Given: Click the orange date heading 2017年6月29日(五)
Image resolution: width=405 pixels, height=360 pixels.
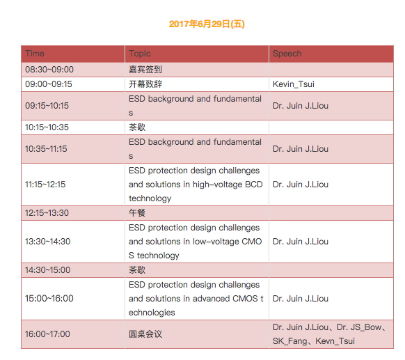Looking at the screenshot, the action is [x=207, y=24].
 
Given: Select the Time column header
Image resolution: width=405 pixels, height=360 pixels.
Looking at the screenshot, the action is [x=35, y=54].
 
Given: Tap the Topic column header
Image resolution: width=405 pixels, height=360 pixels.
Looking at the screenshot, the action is [x=140, y=54].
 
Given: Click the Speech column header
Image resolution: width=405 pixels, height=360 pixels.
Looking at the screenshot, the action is [x=287, y=54].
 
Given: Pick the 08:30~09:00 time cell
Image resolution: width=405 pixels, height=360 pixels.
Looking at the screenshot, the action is [x=49, y=69].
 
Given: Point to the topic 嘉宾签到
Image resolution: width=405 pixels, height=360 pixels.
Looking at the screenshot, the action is [x=145, y=69].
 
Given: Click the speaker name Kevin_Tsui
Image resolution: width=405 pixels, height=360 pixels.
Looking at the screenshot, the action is [x=294, y=84].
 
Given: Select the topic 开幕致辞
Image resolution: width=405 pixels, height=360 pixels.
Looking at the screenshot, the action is [x=145, y=84].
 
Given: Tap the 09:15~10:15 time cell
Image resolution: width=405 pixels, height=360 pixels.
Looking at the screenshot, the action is [x=47, y=105].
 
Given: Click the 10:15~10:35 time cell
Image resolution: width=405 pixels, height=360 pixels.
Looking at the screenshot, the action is [x=47, y=127].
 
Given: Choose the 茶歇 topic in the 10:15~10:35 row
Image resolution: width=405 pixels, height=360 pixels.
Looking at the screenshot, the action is [x=137, y=127].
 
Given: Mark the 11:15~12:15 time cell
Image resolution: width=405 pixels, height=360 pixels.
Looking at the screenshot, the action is [x=45, y=185].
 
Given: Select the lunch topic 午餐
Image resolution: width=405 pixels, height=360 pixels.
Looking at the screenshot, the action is [x=137, y=213].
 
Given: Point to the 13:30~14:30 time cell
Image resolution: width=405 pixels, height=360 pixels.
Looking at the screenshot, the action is [x=47, y=242].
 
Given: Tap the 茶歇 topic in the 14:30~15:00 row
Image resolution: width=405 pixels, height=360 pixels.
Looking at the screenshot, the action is [x=137, y=270].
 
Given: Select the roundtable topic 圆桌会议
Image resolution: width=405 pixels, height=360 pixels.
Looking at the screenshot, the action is [x=145, y=334].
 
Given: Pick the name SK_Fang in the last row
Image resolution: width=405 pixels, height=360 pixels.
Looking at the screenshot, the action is [x=290, y=341].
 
